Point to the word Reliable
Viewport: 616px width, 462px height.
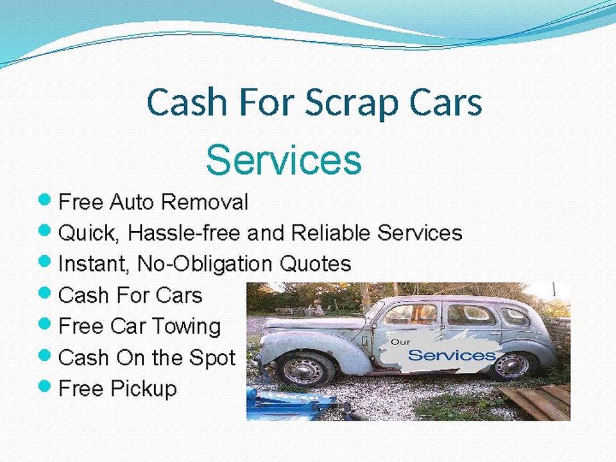332,232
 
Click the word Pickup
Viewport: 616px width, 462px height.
145,388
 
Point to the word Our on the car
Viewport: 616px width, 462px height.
400,342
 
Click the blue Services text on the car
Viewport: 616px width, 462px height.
452,355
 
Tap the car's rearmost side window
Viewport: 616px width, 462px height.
515,316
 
